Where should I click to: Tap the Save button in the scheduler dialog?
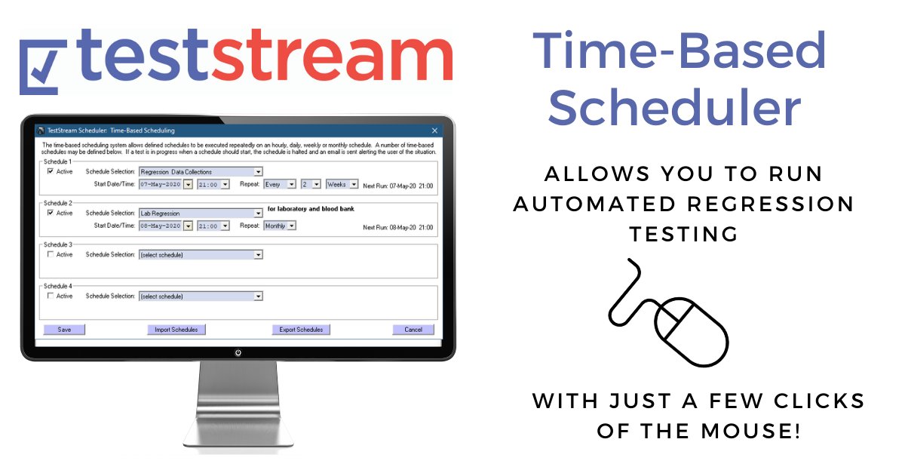(64, 330)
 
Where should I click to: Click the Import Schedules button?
(176, 330)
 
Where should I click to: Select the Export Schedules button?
(301, 330)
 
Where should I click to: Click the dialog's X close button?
(434, 131)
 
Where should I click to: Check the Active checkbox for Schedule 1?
(51, 171)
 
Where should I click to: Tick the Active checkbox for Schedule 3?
(51, 254)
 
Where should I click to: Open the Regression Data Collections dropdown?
(201, 172)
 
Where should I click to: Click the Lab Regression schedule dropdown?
(201, 213)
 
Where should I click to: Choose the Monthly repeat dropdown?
(280, 226)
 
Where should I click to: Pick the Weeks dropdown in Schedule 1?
(342, 184)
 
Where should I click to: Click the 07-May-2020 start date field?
(161, 184)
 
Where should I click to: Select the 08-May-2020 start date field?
(161, 226)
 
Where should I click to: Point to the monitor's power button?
(238, 352)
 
